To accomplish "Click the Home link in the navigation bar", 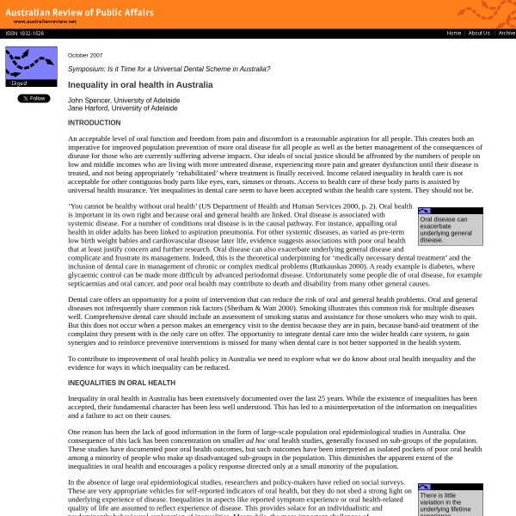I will (x=453, y=34).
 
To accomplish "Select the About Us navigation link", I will (x=479, y=34).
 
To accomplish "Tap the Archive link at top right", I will (x=507, y=34).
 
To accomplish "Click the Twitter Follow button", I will (x=34, y=98).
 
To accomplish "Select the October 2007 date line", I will (x=85, y=55).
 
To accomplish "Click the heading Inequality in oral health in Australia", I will (x=140, y=85).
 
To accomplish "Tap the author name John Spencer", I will (x=88, y=101).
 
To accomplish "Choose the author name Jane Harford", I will (x=87, y=108).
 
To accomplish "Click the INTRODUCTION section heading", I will (x=95, y=123).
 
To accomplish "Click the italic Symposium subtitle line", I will (x=169, y=69).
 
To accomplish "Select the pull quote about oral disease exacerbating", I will (x=450, y=229).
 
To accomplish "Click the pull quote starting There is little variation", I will (x=450, y=503).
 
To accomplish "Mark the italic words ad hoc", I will (x=255, y=439).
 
